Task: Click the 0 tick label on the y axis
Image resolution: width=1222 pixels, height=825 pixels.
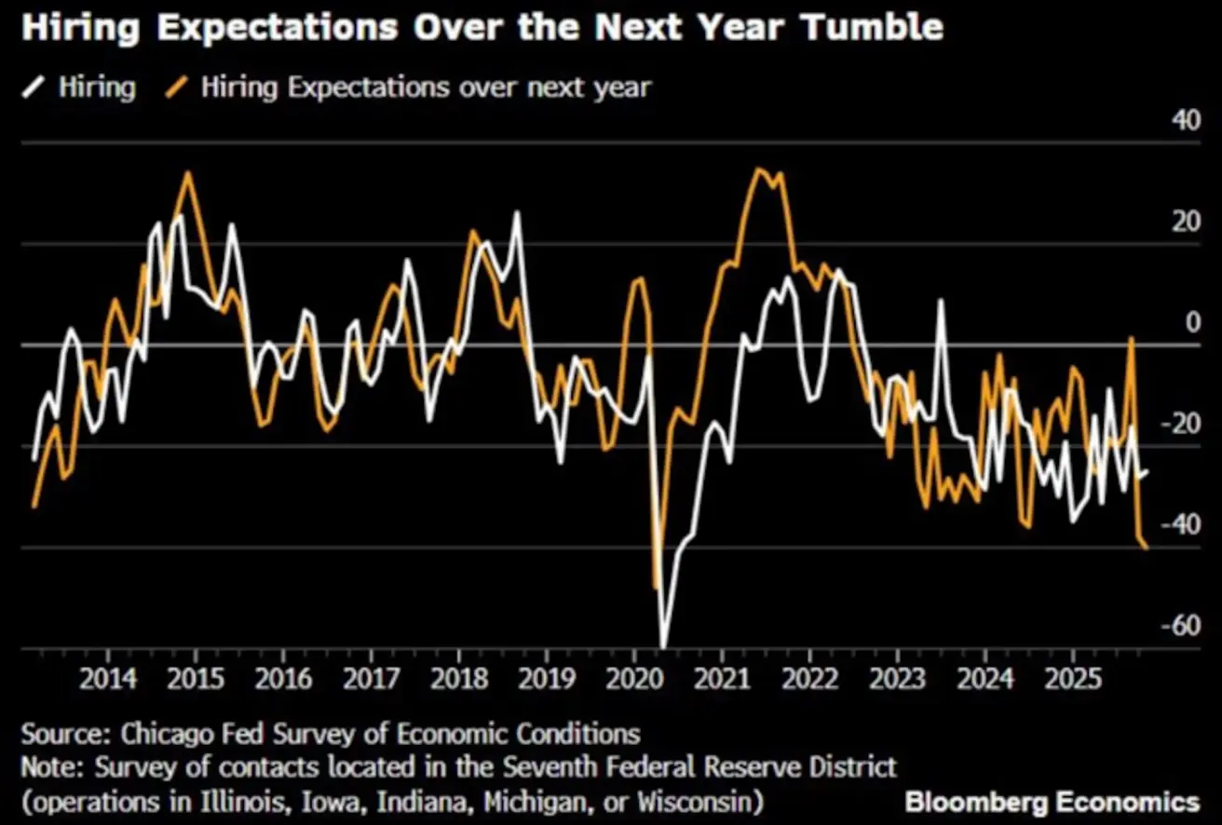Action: pyautogui.click(x=1192, y=323)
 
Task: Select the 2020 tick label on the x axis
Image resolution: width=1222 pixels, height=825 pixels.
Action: pyautogui.click(x=633, y=677)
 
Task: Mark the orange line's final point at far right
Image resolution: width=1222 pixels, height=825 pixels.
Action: pyautogui.click(x=1147, y=548)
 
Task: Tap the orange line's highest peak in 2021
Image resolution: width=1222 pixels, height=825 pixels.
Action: pyautogui.click(x=757, y=169)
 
